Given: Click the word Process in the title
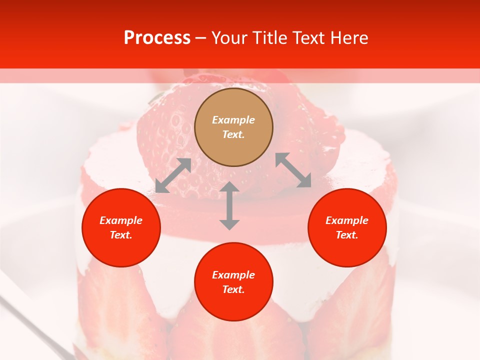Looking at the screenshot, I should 157,38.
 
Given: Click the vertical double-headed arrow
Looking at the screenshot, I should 229,206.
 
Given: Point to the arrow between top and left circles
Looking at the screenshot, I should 173,175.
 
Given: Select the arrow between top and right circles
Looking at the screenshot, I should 293,170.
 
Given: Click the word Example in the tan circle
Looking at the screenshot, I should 233,120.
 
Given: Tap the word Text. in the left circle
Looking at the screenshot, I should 121,235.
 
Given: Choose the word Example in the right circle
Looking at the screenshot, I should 347,220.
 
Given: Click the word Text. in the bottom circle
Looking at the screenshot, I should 233,290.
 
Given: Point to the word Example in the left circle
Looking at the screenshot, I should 121,220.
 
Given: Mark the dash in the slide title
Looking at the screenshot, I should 201,38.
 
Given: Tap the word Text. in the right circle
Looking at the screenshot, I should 347,235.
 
